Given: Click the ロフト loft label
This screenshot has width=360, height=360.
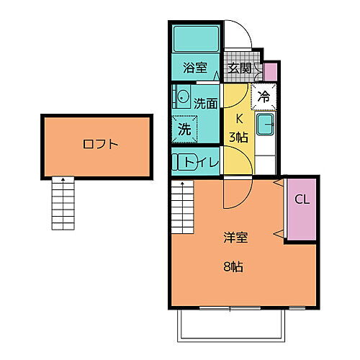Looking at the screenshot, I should pyautogui.click(x=100, y=144).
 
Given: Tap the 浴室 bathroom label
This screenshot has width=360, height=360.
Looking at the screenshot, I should pyautogui.click(x=194, y=69).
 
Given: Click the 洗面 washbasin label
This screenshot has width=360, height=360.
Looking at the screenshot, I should pyautogui.click(x=205, y=103).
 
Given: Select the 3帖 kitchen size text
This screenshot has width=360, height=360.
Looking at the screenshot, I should pyautogui.click(x=238, y=137).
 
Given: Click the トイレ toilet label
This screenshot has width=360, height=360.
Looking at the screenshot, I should pyautogui.click(x=204, y=162).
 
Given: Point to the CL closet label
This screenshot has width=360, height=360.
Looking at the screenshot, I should pyautogui.click(x=302, y=200).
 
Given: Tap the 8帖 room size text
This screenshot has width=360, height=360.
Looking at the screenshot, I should pyautogui.click(x=232, y=266).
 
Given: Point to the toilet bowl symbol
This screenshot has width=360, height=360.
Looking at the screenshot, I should pyautogui.click(x=180, y=162).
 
